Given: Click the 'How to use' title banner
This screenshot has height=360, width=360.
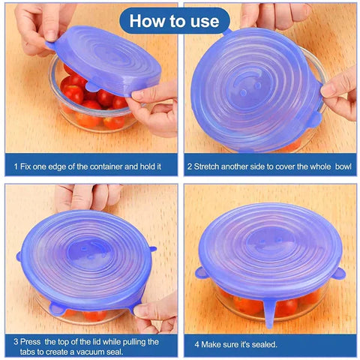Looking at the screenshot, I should tap(174, 20).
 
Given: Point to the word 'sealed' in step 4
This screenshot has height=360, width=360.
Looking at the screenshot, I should tap(259, 344).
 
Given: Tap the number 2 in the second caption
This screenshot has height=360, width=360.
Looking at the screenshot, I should tap(190, 165).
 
